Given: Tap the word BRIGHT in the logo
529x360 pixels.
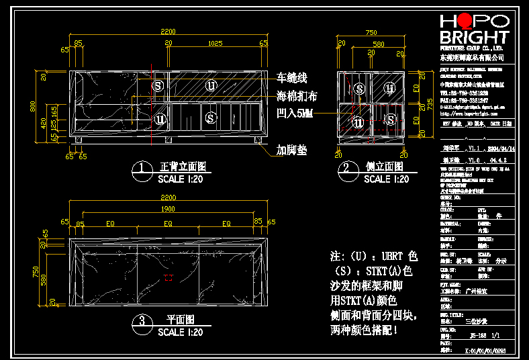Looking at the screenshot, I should click(474, 37).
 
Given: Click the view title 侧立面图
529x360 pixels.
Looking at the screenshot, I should click(384, 167).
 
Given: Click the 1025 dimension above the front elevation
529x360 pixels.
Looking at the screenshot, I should click(215, 43).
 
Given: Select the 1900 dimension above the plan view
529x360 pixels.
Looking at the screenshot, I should click(168, 209).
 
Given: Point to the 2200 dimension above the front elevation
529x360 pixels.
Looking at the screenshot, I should click(168, 31).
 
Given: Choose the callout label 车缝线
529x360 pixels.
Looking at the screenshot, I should click(292, 77).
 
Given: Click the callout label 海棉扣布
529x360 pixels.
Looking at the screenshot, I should click(297, 96).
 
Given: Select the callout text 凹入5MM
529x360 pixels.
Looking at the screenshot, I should click(295, 114).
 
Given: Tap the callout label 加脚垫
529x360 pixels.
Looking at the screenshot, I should click(292, 150).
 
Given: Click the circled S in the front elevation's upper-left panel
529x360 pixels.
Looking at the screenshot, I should click(158, 85).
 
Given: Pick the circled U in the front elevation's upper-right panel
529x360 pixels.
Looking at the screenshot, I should click(211, 85).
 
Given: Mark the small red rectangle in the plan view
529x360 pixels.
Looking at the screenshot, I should click(169, 277).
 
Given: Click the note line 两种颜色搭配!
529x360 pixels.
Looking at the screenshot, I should click(373, 330).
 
